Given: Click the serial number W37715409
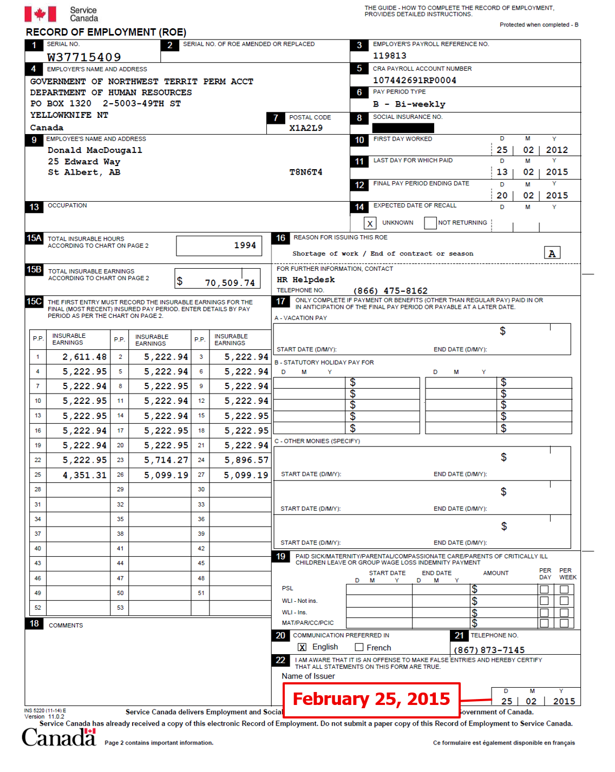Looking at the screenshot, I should point(84,57).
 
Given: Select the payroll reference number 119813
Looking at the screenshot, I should point(389,56).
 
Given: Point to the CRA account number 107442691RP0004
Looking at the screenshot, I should point(414,80).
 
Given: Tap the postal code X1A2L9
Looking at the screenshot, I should point(306,128).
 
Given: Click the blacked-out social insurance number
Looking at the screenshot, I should point(403,128).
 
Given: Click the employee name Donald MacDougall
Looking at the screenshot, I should point(95,150).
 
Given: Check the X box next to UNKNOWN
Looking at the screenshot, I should point(370,223).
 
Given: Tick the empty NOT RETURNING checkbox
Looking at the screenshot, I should point(430,223).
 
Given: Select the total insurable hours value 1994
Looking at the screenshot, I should point(245,245).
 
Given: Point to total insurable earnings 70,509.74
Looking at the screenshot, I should point(230,282).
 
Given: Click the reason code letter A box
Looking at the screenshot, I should point(552,253).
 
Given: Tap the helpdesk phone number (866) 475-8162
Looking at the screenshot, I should point(390,291).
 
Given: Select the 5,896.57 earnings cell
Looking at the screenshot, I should point(246,460).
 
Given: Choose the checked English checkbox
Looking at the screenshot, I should point(302,647).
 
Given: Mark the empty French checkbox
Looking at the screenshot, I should point(359,647).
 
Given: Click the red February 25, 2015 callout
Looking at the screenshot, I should point(371,699).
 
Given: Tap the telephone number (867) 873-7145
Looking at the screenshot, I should point(489,650).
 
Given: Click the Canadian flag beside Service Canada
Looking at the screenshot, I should point(40,14).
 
